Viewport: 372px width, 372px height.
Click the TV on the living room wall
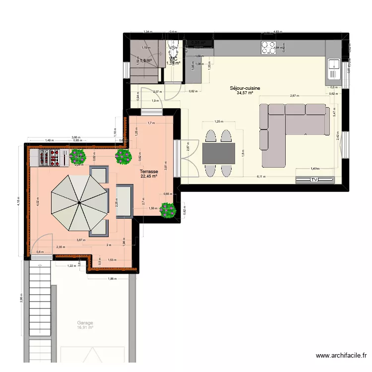[313, 180]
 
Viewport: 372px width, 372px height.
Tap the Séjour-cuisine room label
[245, 88]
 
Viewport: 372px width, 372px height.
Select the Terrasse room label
[149, 171]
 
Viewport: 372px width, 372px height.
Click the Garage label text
[85, 322]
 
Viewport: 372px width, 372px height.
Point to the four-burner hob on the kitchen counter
[269, 47]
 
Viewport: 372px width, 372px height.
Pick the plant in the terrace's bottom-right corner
[168, 210]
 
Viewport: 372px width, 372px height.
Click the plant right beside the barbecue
[78, 158]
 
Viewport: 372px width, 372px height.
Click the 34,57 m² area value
[245, 93]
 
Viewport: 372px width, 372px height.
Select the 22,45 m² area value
[149, 176]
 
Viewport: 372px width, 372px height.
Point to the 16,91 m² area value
[85, 327]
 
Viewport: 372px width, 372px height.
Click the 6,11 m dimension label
[261, 177]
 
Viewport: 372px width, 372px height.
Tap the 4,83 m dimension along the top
[278, 31]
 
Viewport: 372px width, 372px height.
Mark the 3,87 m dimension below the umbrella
[80, 240]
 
